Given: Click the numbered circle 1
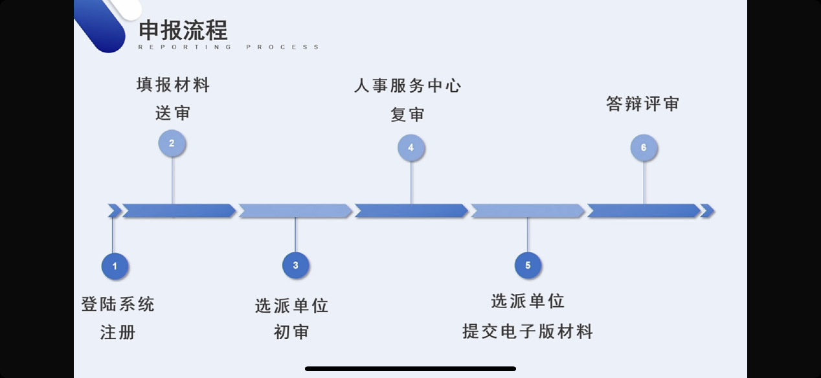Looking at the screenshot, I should [x=115, y=266].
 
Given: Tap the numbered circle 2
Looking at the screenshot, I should [x=172, y=143].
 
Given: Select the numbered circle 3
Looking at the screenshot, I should [x=295, y=265].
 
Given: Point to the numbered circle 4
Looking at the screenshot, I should [x=410, y=148].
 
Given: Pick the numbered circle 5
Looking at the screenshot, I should [x=528, y=265].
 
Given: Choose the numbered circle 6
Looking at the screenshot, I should [x=643, y=148].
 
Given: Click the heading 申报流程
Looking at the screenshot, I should [x=183, y=30].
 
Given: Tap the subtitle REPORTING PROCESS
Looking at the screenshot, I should [x=229, y=47].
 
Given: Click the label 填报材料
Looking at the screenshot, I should [x=173, y=85].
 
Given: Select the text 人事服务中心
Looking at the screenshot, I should [x=407, y=85].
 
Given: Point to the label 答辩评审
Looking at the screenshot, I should [x=643, y=104].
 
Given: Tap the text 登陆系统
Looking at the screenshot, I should [x=118, y=304].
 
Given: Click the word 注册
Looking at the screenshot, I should [x=118, y=333].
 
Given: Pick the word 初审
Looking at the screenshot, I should [x=291, y=332].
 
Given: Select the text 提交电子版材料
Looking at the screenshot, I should [x=528, y=332].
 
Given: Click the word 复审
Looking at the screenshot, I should [x=407, y=115].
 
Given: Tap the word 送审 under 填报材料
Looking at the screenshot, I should [x=173, y=113].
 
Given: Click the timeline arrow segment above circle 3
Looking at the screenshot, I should [x=295, y=210].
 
